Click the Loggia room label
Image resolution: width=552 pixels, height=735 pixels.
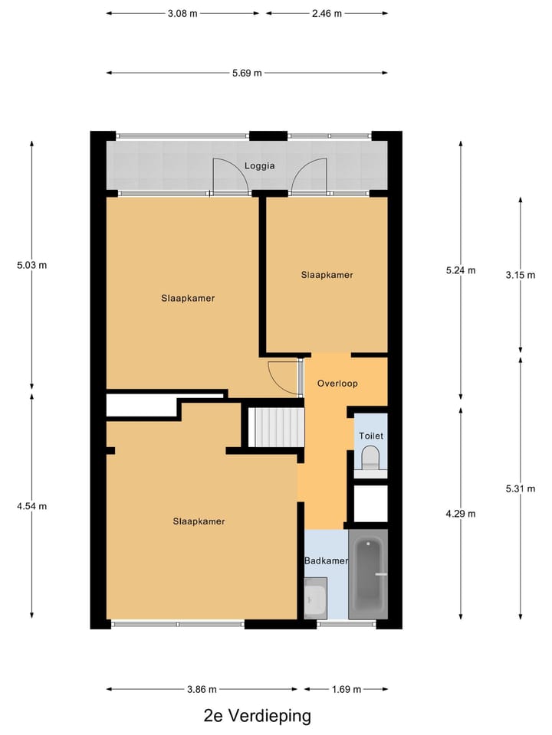tap(259, 165)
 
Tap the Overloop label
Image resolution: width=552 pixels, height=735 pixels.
tap(337, 384)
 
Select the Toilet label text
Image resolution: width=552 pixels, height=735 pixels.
tap(370, 436)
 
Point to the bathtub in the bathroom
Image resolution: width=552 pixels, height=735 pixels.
tap(369, 578)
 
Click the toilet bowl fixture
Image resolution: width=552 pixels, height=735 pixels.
tap(370, 459)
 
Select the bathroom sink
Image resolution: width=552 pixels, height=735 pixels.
tap(315, 598)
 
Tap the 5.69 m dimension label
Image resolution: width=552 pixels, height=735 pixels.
tap(247, 73)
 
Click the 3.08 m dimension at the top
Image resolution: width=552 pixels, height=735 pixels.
tap(182, 13)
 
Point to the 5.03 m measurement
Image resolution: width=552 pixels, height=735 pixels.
tap(31, 266)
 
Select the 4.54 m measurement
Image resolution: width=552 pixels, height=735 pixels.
tap(31, 506)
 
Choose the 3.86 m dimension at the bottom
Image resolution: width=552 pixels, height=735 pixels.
tap(201, 689)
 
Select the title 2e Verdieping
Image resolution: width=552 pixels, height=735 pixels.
tap(258, 717)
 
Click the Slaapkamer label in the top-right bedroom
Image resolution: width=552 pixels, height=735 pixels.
tap(327, 275)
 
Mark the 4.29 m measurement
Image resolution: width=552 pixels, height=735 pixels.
tap(460, 514)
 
